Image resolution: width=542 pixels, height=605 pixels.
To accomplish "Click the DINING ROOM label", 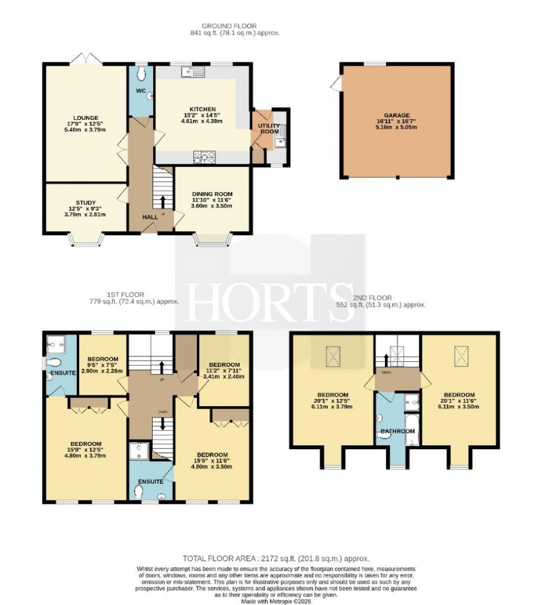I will pos(212,194).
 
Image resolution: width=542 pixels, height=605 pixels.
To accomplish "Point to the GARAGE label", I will pos(397,115).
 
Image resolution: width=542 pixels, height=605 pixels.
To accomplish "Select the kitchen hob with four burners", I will pos(204,157).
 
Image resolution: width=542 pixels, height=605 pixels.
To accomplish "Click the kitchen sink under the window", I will pos(195,71).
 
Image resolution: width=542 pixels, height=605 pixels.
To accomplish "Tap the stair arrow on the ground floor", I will pos(163,201).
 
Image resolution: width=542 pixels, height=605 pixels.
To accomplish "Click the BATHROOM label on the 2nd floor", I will pos(397,431).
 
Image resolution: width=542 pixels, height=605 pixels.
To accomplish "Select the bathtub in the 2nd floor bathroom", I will pos(413,430).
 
